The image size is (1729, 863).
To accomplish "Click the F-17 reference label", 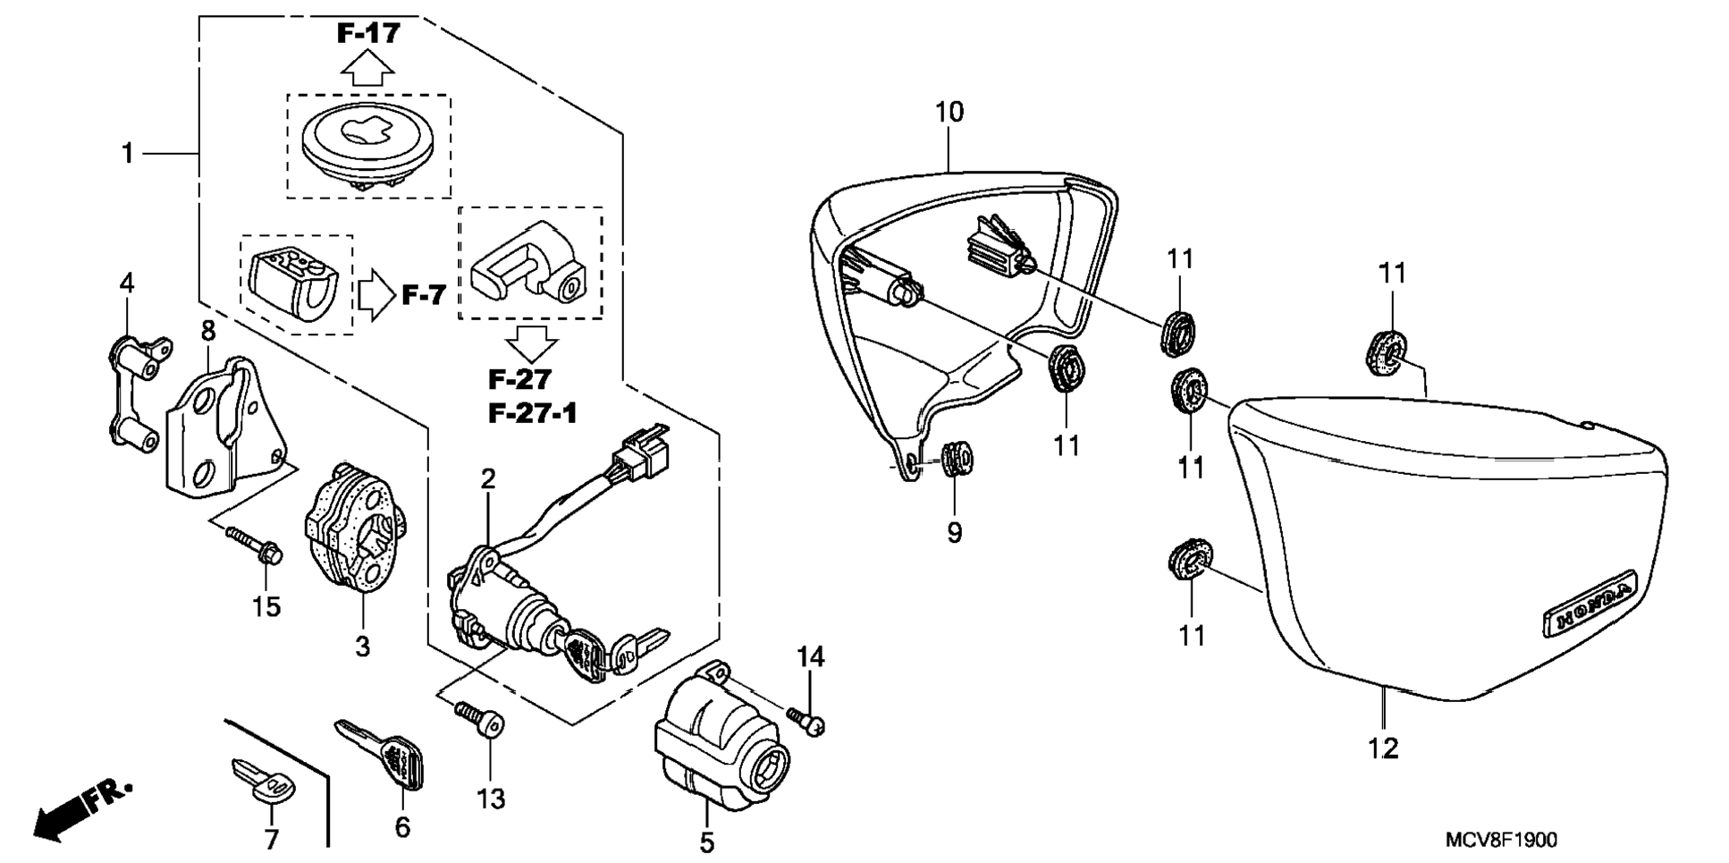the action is tap(368, 33).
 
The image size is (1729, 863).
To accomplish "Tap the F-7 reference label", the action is tap(423, 294).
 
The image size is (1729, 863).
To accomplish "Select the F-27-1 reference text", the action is tap(532, 413).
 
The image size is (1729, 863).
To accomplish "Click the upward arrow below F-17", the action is tap(368, 68).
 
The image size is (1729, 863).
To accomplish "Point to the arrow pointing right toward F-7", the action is tap(376, 295).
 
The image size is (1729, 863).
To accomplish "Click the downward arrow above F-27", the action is tap(531, 343).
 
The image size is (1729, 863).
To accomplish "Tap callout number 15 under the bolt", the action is tap(266, 606).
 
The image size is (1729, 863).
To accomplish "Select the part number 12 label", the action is tap(1383, 748).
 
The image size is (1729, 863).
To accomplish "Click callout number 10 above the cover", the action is tap(949, 113).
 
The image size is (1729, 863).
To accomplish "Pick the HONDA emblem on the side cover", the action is tap(1589, 605).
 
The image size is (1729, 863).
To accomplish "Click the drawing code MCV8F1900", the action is tap(1501, 840).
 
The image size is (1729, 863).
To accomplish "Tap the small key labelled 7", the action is tap(262, 778).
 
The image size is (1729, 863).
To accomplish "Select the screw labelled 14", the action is tap(805, 720).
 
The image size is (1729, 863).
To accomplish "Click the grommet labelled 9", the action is tap(957, 459).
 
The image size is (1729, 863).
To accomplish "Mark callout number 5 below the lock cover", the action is tap(707, 842).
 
